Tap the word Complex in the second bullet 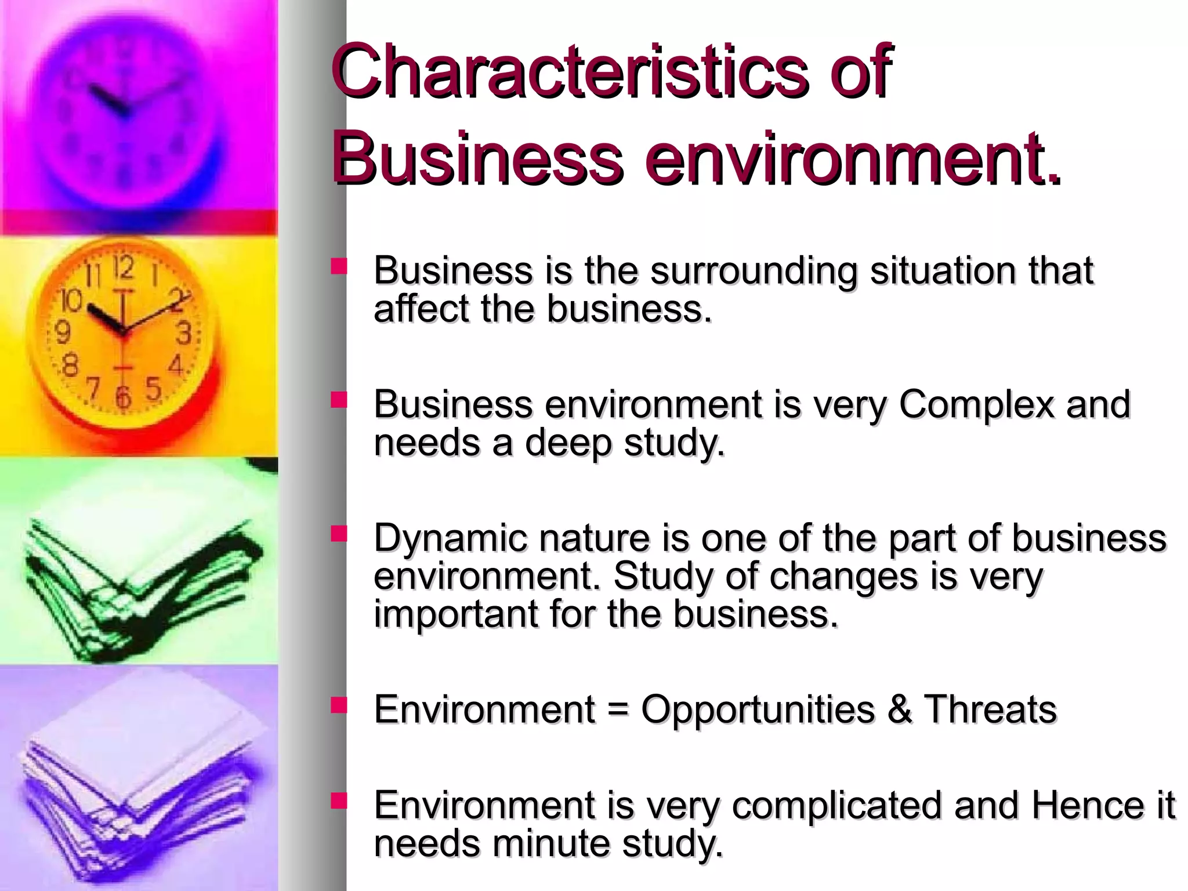click(x=976, y=404)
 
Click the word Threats click(x=990, y=709)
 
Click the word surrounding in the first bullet click(x=754, y=271)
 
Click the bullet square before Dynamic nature click(x=339, y=533)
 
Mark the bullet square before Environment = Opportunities click(x=339, y=705)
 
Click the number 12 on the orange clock click(x=124, y=267)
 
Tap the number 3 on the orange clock click(x=184, y=334)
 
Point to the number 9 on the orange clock click(x=62, y=332)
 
